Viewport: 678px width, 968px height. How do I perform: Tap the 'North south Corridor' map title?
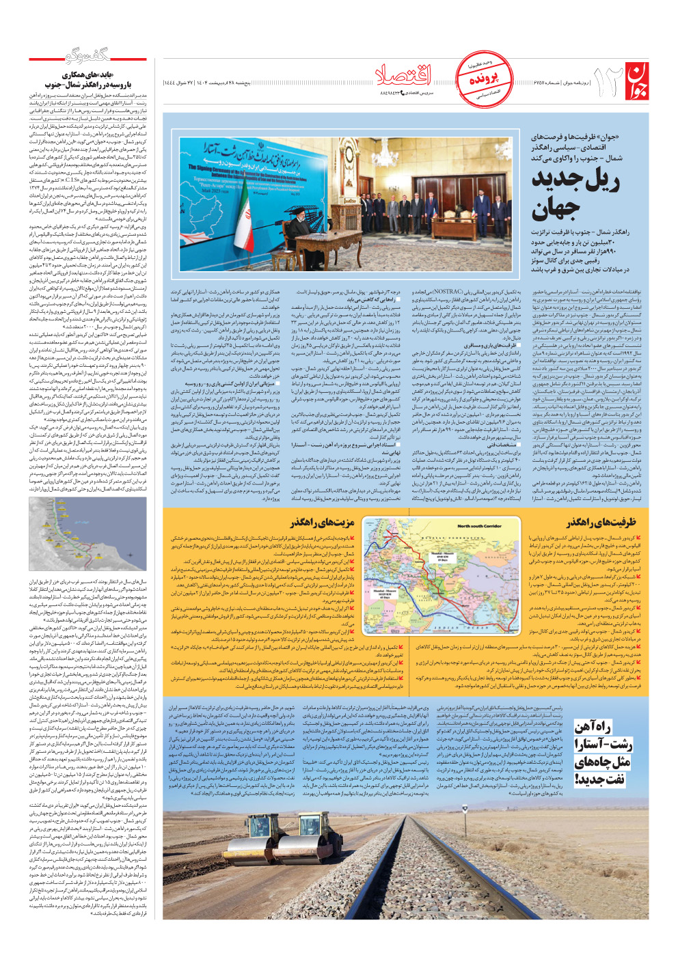479,526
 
